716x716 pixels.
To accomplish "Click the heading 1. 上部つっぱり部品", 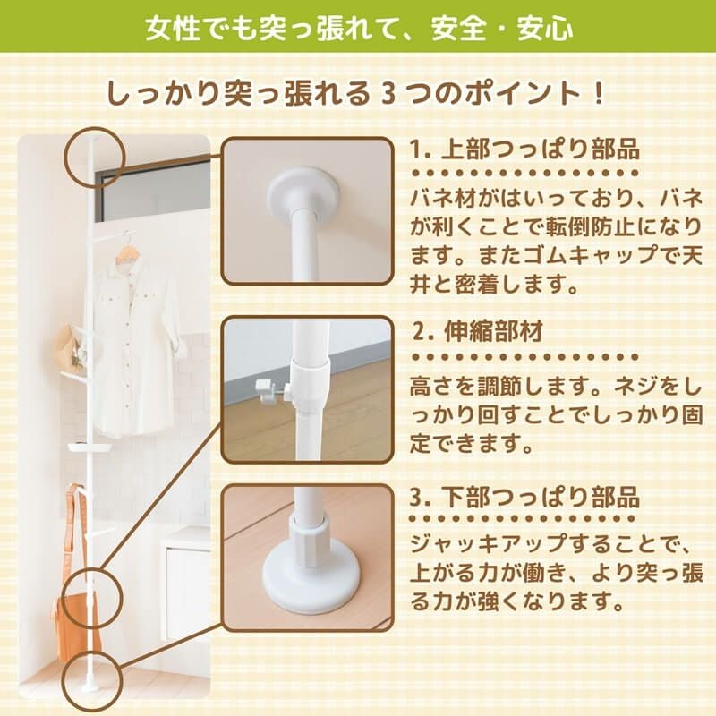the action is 524,149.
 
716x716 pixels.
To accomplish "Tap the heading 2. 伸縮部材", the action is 478,331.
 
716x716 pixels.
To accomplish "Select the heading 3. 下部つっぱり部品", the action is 524,497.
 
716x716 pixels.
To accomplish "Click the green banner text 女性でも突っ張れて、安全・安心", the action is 360,29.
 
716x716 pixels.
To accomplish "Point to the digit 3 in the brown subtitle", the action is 388,94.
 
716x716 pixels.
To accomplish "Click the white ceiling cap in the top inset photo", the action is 304,194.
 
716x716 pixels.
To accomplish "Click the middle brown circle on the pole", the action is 93,598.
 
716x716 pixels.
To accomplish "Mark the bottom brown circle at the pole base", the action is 93,680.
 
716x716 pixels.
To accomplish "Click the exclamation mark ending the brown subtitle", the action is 599,94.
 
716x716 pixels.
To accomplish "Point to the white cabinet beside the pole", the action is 186,587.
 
